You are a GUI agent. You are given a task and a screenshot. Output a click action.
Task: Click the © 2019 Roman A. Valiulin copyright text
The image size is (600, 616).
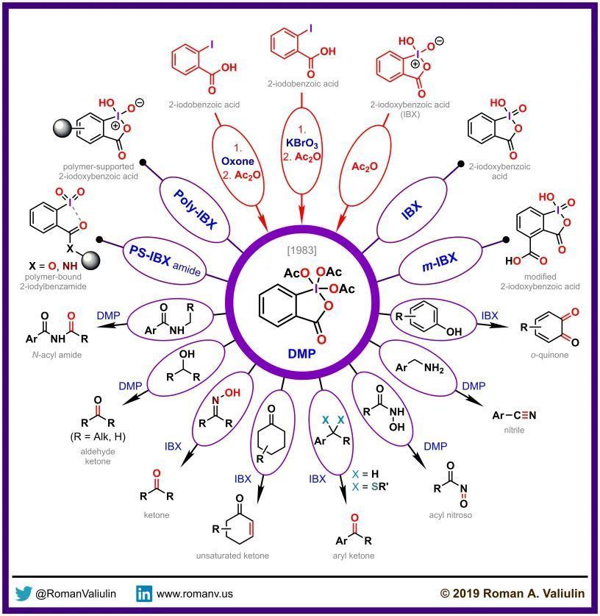click(512, 593)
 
